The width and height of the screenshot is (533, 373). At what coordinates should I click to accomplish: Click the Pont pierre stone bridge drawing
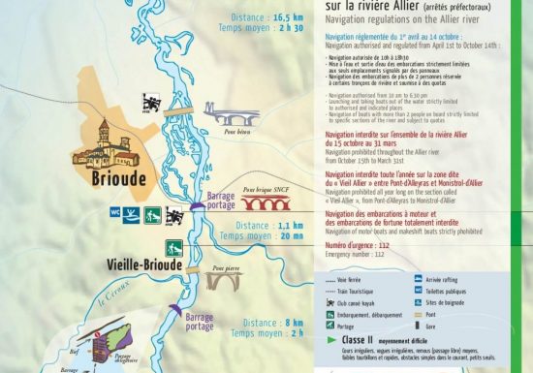[x=225, y=282]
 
